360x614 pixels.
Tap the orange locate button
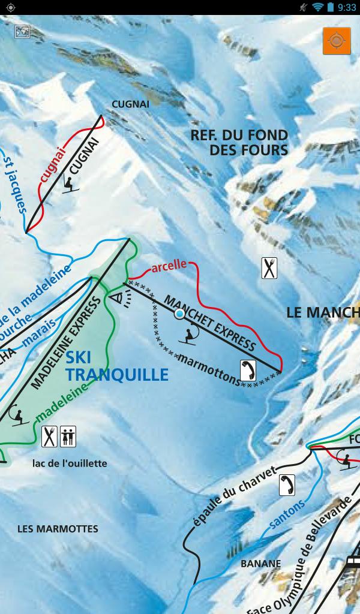point(336,41)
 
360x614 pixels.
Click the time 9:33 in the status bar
point(346,7)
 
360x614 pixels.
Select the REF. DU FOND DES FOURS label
point(239,143)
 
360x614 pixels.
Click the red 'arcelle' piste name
point(169,267)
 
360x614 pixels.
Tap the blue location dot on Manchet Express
point(179,314)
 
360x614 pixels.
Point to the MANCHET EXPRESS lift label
point(210,323)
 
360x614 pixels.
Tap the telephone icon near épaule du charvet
point(287,484)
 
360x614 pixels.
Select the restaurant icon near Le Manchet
point(270,267)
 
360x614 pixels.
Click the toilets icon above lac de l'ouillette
point(68,437)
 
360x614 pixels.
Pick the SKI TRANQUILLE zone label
point(116,367)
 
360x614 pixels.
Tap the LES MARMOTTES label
point(58,529)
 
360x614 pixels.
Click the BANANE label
point(260,564)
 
